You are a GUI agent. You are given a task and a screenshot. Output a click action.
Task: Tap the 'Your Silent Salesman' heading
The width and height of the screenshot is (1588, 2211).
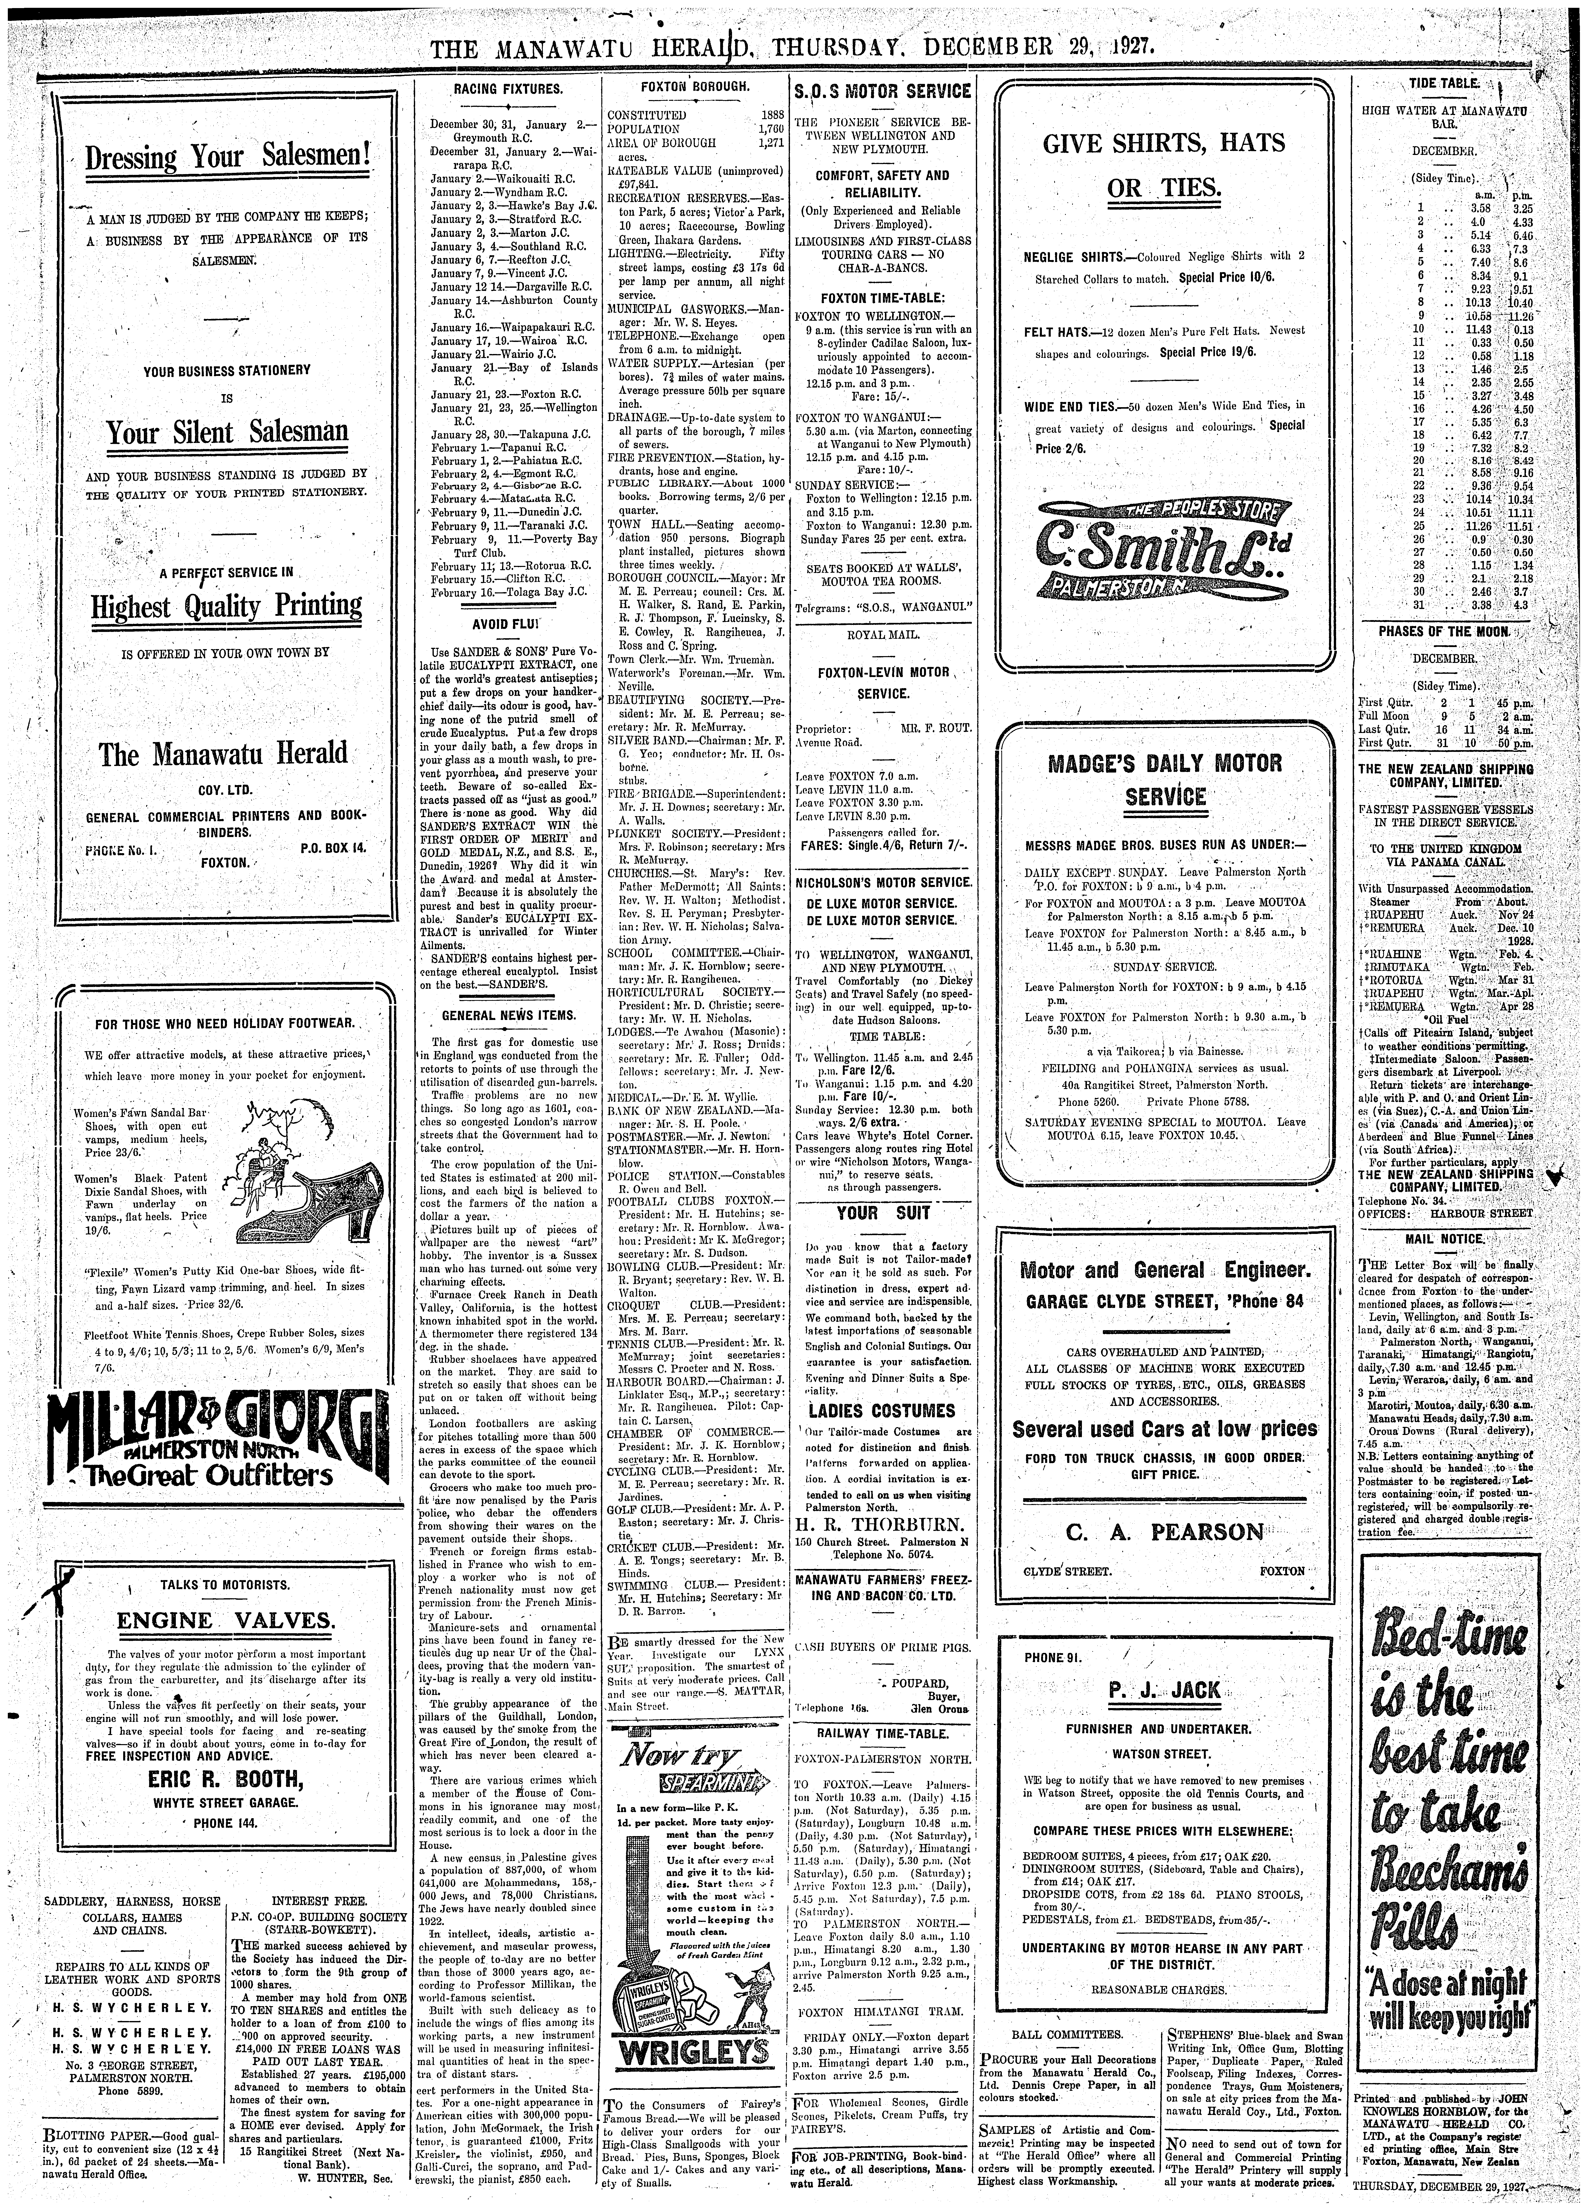tap(227, 431)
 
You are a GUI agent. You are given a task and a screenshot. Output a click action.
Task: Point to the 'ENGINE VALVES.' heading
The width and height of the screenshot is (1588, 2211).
tap(226, 1620)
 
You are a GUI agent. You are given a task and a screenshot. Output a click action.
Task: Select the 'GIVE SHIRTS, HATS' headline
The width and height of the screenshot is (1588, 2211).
tap(1164, 144)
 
